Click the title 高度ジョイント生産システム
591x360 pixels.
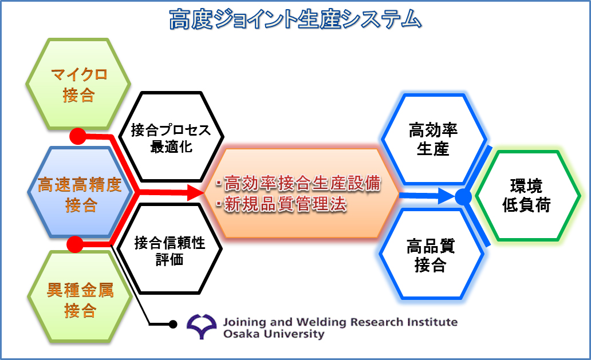coord(295,20)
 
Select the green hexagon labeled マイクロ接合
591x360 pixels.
coord(78,84)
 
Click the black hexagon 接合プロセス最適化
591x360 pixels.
coord(171,138)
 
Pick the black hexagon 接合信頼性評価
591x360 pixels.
coord(170,251)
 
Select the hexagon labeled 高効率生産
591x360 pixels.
coord(433,140)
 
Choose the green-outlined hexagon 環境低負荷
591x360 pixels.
coord(526,195)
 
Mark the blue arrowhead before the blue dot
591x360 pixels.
coord(447,197)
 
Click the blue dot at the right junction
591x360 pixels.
coord(463,198)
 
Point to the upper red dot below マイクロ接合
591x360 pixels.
coord(77,136)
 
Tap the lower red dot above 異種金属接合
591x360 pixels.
coord(75,244)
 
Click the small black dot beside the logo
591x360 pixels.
coord(173,325)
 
